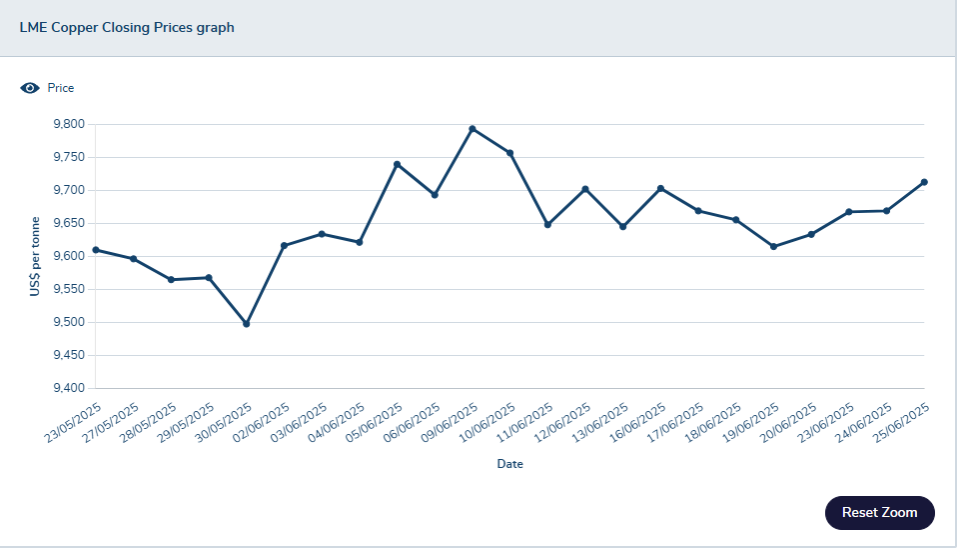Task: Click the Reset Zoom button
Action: coord(879,512)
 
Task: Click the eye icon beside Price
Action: coord(30,88)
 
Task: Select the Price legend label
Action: coord(61,88)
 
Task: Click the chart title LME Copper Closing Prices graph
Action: coord(127,28)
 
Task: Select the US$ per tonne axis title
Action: coord(36,257)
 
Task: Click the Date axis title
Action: coord(509,464)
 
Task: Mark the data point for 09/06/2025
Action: coord(473,129)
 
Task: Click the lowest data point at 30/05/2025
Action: coord(247,324)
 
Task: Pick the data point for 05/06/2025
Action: coord(397,164)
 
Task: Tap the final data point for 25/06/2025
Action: coord(924,182)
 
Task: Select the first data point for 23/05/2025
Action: coord(96,250)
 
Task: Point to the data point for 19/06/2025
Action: coord(773,246)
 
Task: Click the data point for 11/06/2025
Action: coord(547,225)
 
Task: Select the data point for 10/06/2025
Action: coord(510,153)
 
